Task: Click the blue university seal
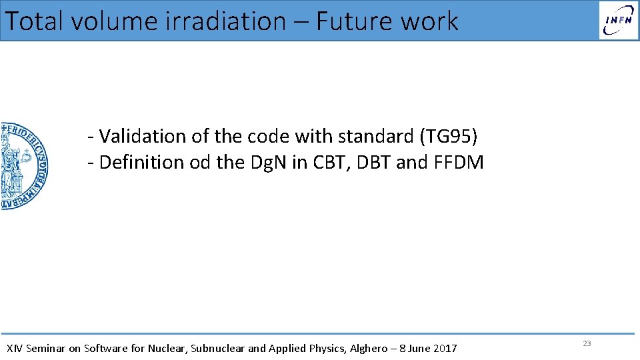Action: tap(23, 166)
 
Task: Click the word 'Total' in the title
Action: tap(35, 21)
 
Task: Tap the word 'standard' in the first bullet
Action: tap(376, 136)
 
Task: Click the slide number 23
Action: tap(587, 343)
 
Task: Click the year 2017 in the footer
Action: tap(445, 348)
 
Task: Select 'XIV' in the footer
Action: tap(13, 348)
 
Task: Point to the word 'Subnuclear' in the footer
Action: tap(218, 348)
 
